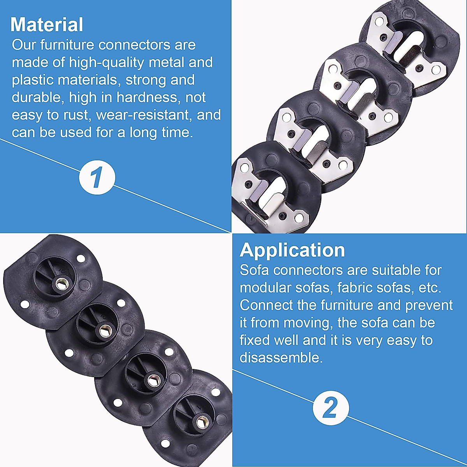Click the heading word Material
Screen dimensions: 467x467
(47, 25)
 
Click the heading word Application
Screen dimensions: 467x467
(292, 250)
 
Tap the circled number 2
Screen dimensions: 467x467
(330, 408)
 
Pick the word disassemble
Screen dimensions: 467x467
(281, 358)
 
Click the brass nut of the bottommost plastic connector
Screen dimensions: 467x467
(201, 422)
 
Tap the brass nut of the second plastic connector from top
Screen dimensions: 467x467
(105, 331)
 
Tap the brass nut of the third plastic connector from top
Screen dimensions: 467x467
(152, 378)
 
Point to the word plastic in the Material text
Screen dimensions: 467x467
(32, 80)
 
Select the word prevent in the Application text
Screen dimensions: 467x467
(429, 305)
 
